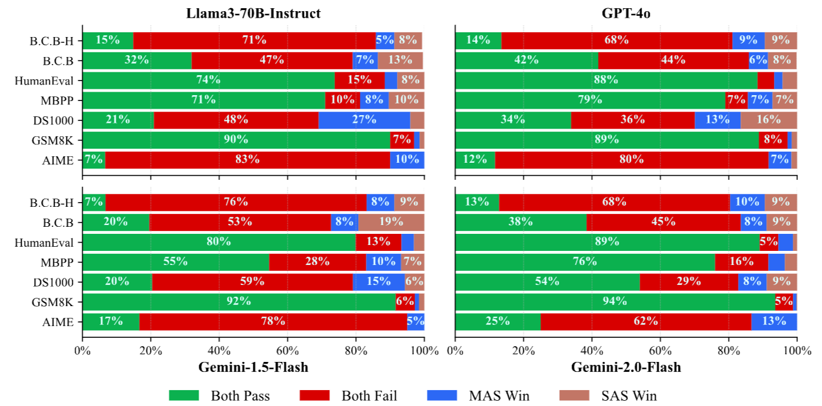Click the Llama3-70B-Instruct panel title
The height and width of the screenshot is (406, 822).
[x=253, y=13]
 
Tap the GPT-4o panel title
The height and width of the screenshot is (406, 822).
[x=626, y=13]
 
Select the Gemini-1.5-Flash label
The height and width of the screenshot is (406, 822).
[x=253, y=368]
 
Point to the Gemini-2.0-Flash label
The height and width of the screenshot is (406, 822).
[x=626, y=368]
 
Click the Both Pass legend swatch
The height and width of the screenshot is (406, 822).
[x=183, y=395]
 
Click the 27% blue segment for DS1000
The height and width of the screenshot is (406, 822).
[x=364, y=120]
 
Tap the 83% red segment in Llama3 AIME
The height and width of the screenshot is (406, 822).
[x=248, y=160]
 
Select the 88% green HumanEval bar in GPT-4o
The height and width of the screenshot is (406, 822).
[x=606, y=80]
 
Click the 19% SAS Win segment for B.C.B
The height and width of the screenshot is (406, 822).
[x=391, y=222]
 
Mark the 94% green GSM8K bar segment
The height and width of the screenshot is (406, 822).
[x=615, y=302]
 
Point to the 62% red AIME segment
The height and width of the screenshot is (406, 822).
[x=646, y=322]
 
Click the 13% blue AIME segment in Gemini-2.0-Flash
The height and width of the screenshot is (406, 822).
[x=774, y=322]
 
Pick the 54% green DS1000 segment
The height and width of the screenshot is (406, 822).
[x=547, y=282]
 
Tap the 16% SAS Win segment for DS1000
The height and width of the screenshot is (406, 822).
[x=768, y=120]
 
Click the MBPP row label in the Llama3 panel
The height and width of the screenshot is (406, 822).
[x=61, y=100]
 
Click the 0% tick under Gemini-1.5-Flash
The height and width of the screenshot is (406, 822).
[x=83, y=351]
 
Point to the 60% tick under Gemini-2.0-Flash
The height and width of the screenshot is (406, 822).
[x=660, y=351]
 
